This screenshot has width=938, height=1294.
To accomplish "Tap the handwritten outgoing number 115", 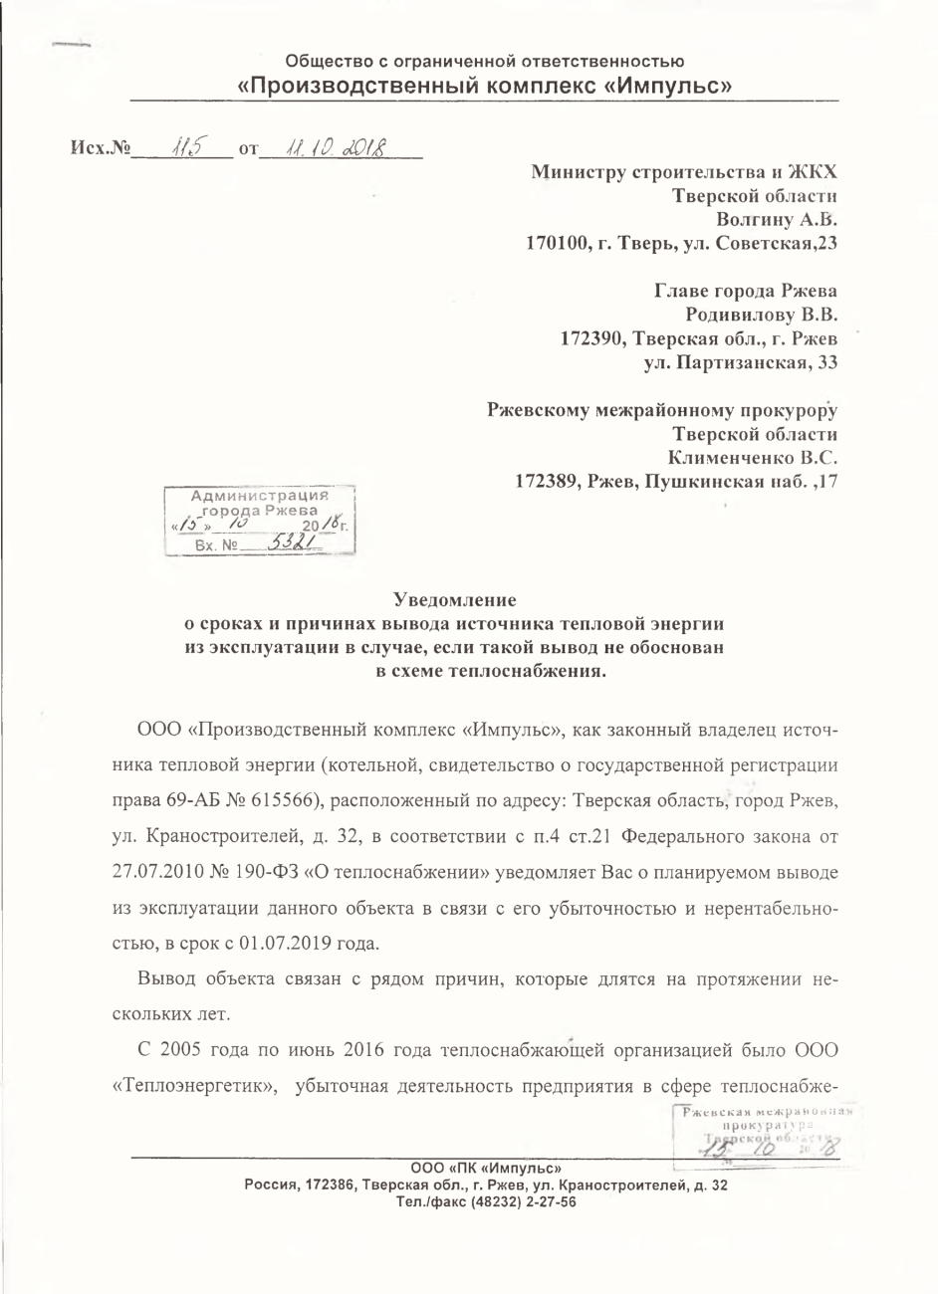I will [184, 147].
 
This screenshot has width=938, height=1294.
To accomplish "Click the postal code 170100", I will [557, 242].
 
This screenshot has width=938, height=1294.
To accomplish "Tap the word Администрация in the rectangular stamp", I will [259, 496].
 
